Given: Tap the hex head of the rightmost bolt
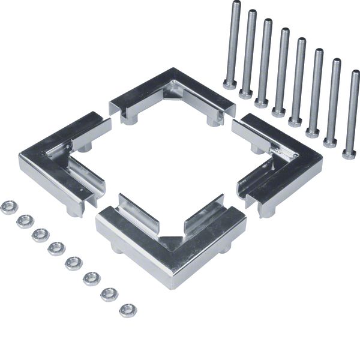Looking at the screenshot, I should coord(349,154).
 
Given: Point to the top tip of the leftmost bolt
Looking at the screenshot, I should coord(236,4).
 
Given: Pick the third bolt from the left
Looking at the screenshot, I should coord(264,60).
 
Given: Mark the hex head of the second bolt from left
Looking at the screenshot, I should coord(246,93).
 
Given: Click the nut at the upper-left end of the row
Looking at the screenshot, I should coord(8,208).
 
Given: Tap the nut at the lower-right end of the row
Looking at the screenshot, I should coord(127,310).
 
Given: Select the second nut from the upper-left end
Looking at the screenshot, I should coord(25,221).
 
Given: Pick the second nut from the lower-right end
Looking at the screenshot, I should coord(109,294).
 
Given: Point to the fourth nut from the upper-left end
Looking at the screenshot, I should coord(57,248).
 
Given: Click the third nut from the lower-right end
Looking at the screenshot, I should coord(92,278).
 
